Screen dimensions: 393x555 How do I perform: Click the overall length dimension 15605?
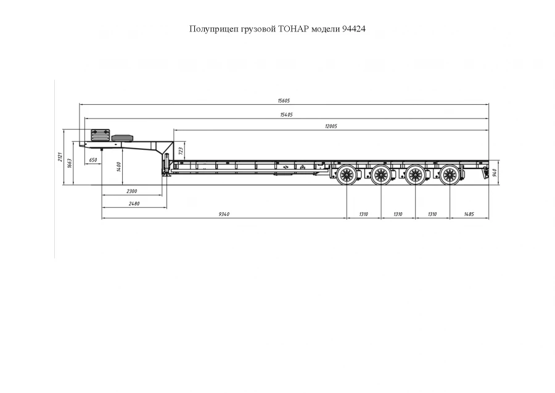tap(284, 101)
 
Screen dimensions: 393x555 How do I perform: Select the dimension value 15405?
tap(286, 114)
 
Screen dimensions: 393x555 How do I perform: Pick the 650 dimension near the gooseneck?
tap(93, 160)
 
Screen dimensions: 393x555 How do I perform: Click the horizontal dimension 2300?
tap(131, 191)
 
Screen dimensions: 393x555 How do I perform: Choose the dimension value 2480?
tap(133, 203)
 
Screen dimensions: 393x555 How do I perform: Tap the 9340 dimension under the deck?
tap(224, 214)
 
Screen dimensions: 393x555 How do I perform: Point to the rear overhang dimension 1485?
tap(469, 214)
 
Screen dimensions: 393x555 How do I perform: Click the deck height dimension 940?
tap(495, 171)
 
